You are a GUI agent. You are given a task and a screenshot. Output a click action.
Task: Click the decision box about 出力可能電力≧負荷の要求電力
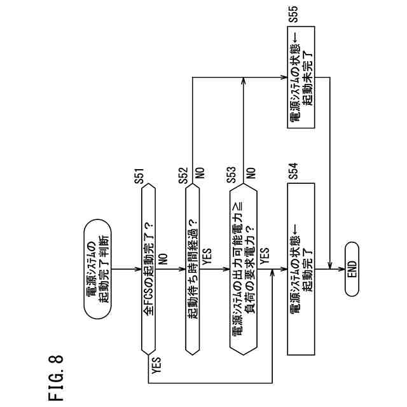pyautogui.click(x=245, y=270)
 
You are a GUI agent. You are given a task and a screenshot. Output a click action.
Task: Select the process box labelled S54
pyautogui.click(x=301, y=270)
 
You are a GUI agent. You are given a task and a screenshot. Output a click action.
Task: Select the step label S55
pyautogui.click(x=293, y=17)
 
